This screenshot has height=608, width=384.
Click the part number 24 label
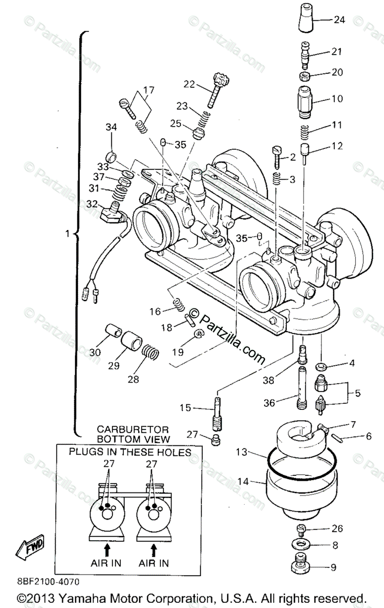pos(339,20)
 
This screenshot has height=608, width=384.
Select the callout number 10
pos(337,98)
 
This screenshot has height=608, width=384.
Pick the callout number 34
pos(111,127)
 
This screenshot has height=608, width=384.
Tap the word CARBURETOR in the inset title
pos(133,430)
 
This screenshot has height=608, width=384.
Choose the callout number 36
pos(269,403)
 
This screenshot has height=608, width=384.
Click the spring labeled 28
pos(150,352)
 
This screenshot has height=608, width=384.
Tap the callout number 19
pos(178,352)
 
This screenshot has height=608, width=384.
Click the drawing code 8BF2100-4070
pos(48,582)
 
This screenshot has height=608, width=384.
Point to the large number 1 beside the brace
pos(67,234)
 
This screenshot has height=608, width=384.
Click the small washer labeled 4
pos(321,367)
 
